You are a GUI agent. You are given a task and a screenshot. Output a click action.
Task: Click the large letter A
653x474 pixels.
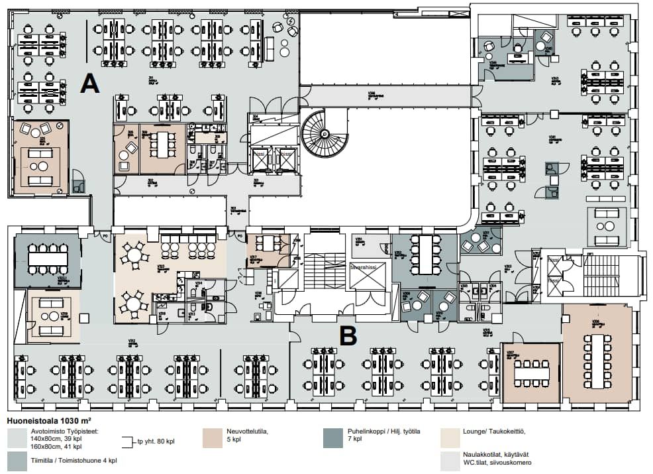[x=90, y=84]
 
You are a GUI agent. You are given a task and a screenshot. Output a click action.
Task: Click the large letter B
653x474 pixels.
[x=348, y=335]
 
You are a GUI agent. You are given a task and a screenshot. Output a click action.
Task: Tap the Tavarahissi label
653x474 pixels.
[x=366, y=267]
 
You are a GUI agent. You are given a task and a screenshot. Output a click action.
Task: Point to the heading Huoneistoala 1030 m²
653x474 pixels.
[x=49, y=420]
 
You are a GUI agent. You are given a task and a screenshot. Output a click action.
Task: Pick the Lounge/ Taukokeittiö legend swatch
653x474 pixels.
[x=450, y=437]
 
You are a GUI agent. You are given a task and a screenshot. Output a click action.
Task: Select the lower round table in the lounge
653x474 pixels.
[x=134, y=304]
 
